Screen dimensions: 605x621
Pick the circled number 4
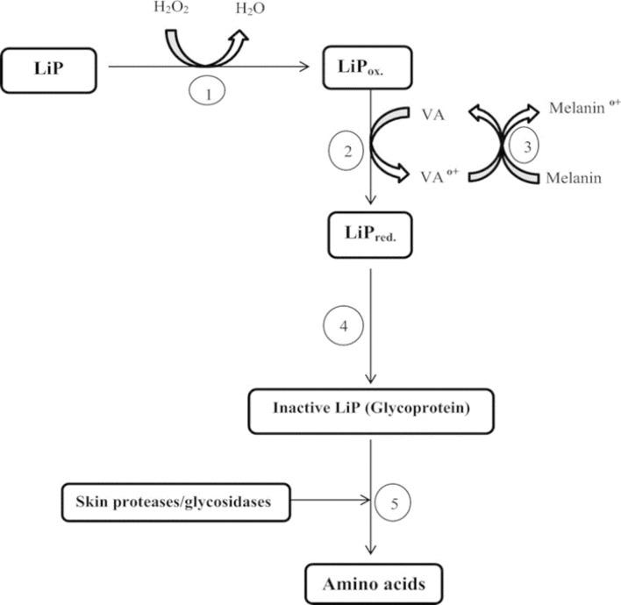[x=343, y=326]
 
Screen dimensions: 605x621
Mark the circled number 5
[x=392, y=502]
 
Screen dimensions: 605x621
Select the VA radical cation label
[x=437, y=176]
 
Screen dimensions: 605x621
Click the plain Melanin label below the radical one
[x=573, y=178]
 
